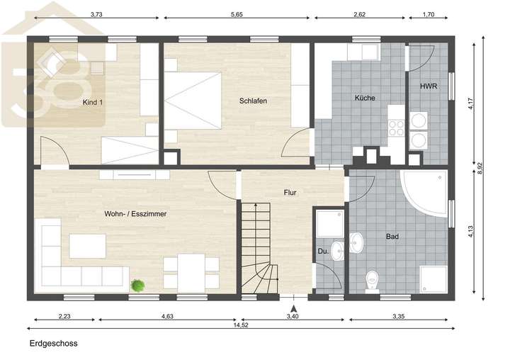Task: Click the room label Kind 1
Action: coord(93,103)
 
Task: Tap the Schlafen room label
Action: coord(253,101)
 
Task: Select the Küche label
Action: coord(365,98)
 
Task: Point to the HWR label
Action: coord(428,86)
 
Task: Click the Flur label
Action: coord(290,192)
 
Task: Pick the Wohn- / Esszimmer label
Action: coord(135,213)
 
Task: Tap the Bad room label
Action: coord(392,237)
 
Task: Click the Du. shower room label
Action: coord(323,250)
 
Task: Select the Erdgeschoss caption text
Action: coord(53,344)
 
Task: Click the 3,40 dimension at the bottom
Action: coord(292,316)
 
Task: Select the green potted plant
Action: coord(138,285)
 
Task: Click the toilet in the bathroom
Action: coord(370,281)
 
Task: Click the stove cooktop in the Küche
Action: coord(395,128)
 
